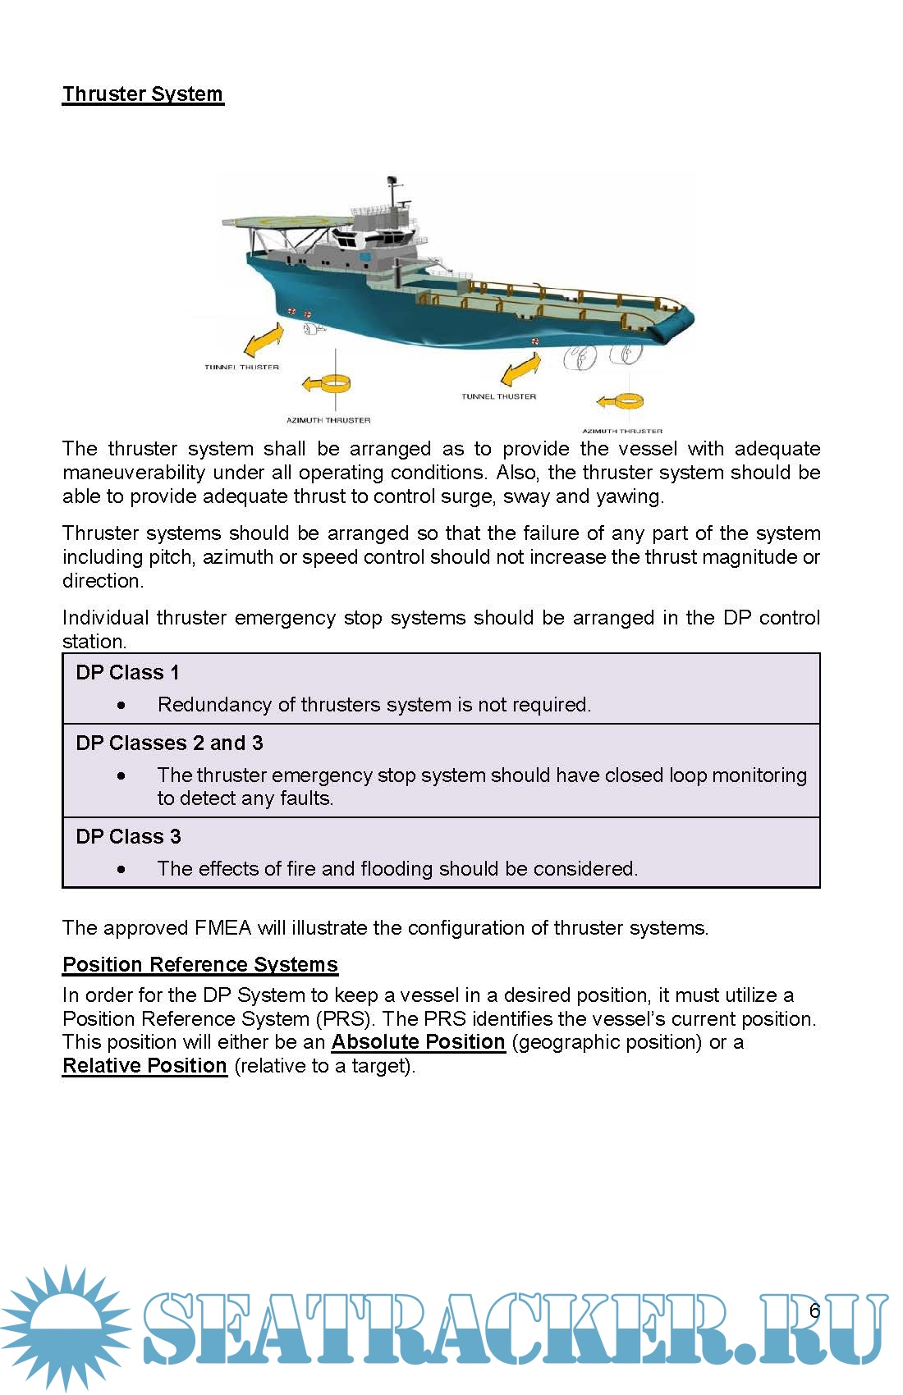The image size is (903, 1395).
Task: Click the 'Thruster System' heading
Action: point(143,94)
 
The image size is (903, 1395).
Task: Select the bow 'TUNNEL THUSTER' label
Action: point(241,368)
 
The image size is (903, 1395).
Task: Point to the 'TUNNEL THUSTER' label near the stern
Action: point(498,396)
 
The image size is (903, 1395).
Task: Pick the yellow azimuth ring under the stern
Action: point(623,401)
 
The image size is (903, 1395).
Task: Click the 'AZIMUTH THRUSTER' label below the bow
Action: point(328,420)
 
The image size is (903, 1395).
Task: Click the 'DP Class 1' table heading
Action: point(127,673)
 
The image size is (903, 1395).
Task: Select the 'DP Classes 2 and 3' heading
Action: point(169,743)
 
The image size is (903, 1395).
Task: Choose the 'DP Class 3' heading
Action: point(128,837)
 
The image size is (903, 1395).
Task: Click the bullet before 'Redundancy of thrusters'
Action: point(121,705)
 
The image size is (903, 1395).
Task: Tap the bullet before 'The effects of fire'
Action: point(121,869)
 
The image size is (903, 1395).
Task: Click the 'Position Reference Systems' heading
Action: point(200,965)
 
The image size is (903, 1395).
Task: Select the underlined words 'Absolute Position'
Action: point(418,1042)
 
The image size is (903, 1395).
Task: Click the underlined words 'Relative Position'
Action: point(144,1066)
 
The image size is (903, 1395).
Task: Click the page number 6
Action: point(814,1310)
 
